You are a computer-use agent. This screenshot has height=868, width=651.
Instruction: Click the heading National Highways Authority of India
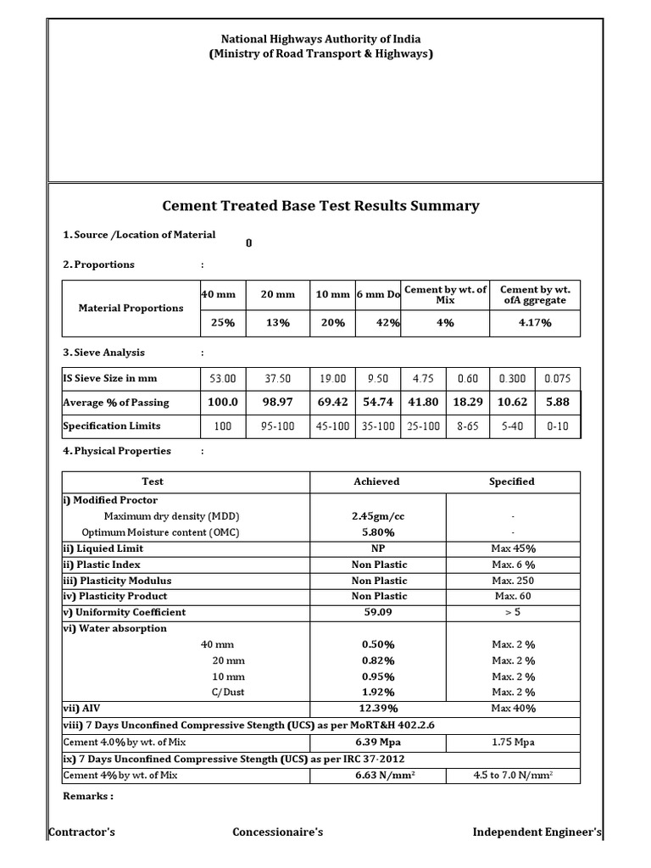pos(320,39)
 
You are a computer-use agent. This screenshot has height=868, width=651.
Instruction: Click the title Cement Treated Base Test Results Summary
pos(320,206)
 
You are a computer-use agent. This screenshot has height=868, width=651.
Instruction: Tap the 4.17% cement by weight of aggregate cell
pos(534,323)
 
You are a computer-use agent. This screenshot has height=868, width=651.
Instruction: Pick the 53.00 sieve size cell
pos(223,379)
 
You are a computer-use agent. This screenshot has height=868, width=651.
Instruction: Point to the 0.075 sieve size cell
pos(558,379)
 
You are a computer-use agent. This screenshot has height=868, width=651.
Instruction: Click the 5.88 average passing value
pos(558,403)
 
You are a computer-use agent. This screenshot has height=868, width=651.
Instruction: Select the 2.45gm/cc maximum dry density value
pos(376,516)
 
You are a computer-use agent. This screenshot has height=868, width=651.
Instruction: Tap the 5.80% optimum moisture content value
pos(376,532)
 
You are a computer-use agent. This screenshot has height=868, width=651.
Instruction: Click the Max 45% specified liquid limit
pos(512,548)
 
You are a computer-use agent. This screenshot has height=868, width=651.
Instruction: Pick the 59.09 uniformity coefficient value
pos(376,612)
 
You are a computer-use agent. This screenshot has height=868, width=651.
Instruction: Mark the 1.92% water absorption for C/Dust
pos(376,693)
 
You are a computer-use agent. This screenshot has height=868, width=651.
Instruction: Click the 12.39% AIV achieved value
pos(376,708)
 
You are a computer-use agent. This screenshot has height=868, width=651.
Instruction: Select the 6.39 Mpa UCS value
pos(376,742)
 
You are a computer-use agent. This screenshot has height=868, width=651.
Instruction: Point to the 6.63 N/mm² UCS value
pos(376,775)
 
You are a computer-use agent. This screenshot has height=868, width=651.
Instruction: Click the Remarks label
pos(88,797)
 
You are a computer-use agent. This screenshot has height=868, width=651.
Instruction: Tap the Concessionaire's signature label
pos(278,832)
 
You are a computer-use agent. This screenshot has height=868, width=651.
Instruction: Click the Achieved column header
pos(376,481)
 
